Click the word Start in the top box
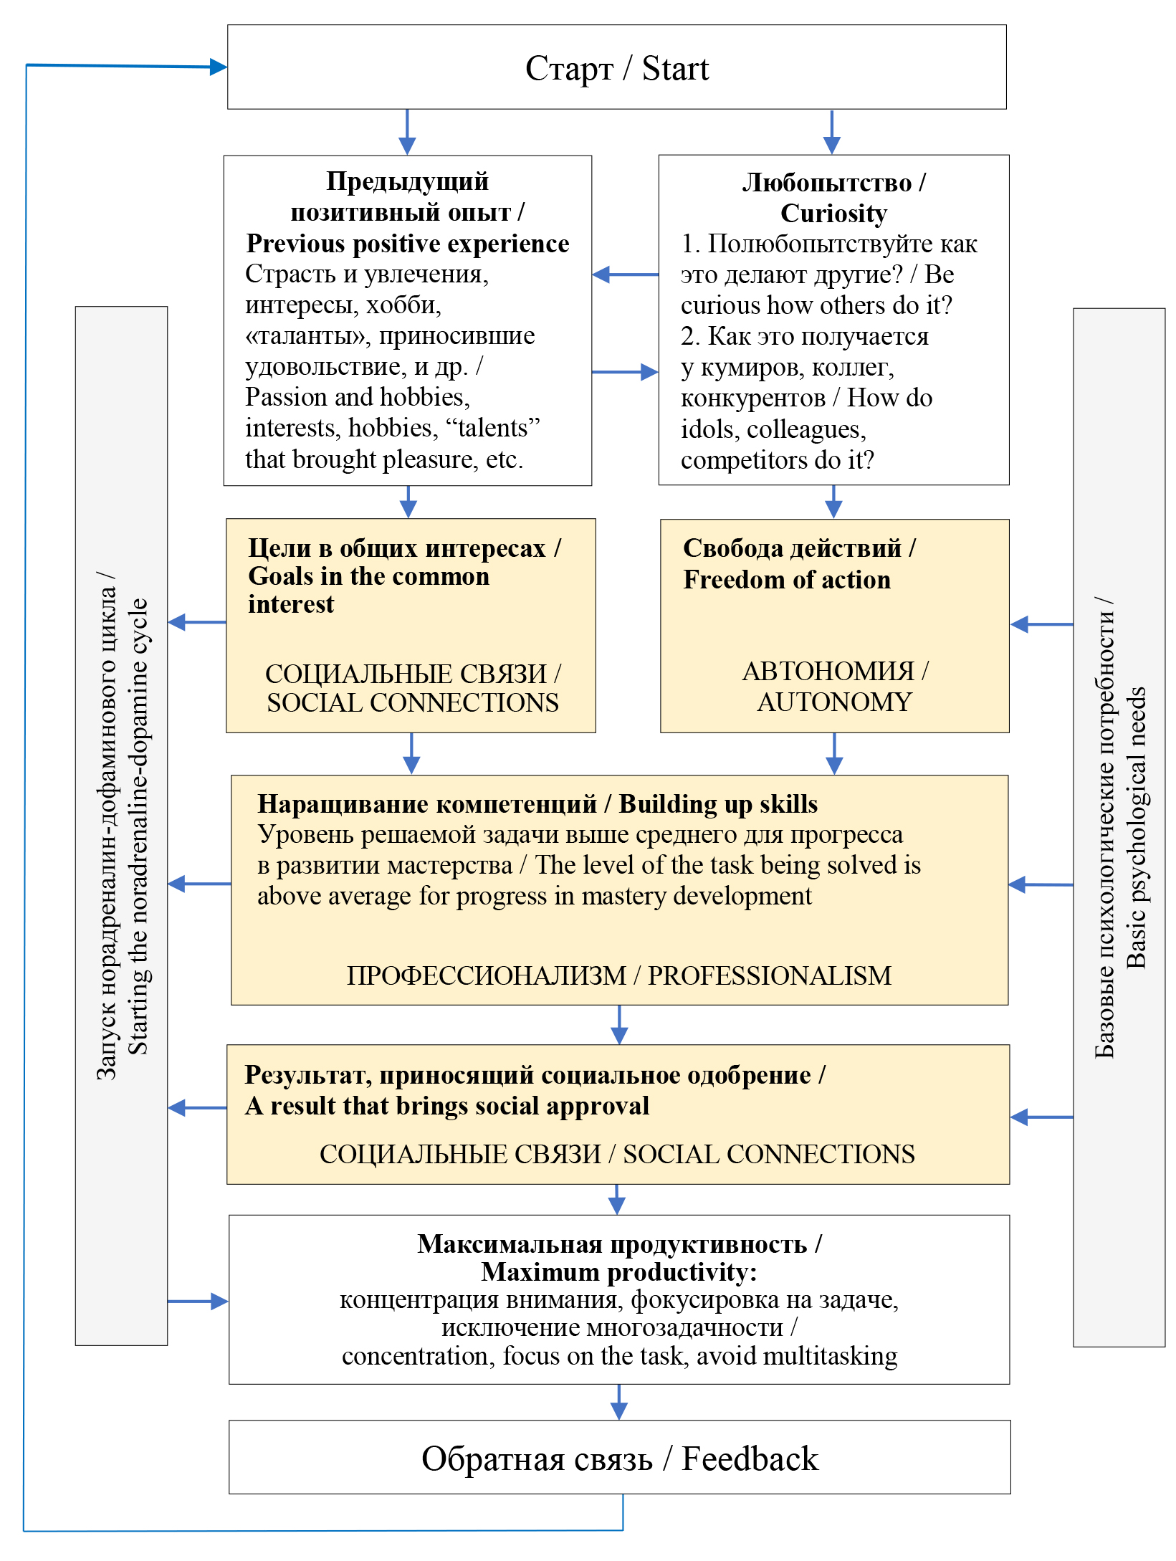coord(675,69)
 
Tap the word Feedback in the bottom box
coord(750,1459)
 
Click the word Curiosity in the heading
coord(833,214)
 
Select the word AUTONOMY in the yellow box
coord(834,702)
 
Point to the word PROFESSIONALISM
coord(770,975)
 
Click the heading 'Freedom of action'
coord(786,580)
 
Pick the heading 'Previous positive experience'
coord(407,244)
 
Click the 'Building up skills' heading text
coord(718,804)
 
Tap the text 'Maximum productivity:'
coord(619,1272)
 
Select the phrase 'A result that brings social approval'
coord(447,1106)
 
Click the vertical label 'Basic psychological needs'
coord(1137,828)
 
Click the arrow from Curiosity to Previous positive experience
coord(625,275)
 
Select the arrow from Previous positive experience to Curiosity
coord(625,372)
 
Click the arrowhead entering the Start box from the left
coord(218,67)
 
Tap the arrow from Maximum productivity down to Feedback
coord(619,1402)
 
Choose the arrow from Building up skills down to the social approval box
coord(619,1024)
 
